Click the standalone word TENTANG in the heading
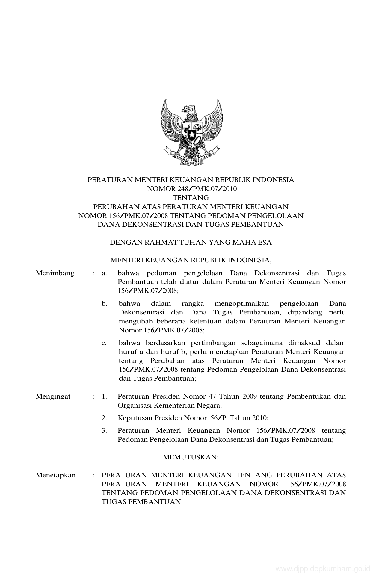point(191,198)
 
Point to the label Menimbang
point(55,273)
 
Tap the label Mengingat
point(53,397)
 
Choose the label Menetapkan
point(56,475)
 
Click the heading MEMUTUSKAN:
point(191,457)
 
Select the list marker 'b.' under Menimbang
point(104,304)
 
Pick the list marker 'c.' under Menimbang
point(104,343)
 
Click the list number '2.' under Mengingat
point(104,418)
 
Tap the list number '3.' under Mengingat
point(104,431)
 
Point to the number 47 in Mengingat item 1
point(211,397)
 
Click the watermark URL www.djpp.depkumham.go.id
point(323,569)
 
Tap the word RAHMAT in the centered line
point(161,243)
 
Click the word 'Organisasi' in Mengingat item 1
point(134,406)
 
